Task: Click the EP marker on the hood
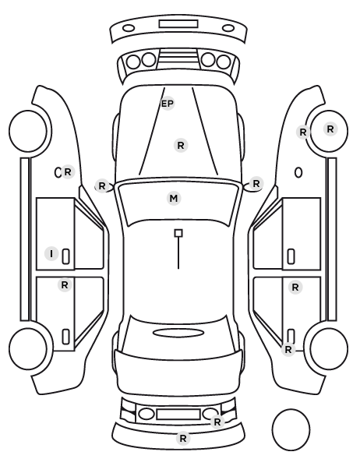click(x=168, y=104)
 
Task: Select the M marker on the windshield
click(x=174, y=198)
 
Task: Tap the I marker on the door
click(x=51, y=254)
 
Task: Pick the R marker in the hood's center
click(x=181, y=146)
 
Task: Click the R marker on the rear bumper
click(x=183, y=439)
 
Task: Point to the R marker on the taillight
click(x=217, y=422)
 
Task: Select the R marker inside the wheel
click(x=330, y=129)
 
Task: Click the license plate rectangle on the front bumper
click(x=178, y=24)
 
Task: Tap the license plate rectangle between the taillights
click(x=178, y=415)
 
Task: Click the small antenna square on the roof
click(x=178, y=233)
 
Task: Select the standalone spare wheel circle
click(x=291, y=429)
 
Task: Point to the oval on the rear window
click(x=178, y=333)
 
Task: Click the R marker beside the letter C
click(x=68, y=172)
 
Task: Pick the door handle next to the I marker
click(x=66, y=256)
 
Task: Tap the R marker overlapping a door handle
click(x=288, y=350)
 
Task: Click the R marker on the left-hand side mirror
click(x=102, y=186)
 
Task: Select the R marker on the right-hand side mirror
click(x=256, y=184)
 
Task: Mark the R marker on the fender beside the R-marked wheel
click(x=303, y=132)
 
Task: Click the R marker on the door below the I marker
click(x=65, y=285)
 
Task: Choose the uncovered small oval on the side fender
click(x=298, y=173)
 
